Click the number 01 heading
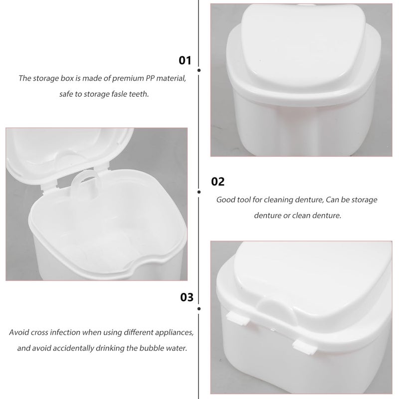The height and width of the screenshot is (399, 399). [x=185, y=60]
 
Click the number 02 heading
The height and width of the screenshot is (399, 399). [x=218, y=182]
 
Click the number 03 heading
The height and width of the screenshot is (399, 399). [x=186, y=298]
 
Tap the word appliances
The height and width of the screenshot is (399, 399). [x=169, y=332]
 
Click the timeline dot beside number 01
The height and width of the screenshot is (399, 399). [x=199, y=71]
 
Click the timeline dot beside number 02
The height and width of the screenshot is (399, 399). [x=199, y=191]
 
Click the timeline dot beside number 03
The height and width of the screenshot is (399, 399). [x=199, y=309]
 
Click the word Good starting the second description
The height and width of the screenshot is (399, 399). [x=225, y=199]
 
